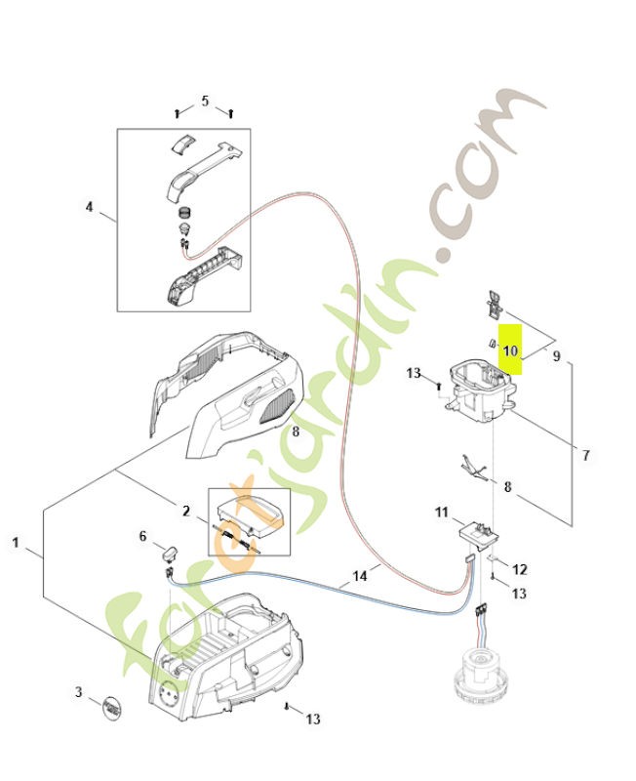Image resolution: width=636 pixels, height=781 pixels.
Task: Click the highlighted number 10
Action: pyautogui.click(x=511, y=349)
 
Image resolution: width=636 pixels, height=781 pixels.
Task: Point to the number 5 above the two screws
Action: pyautogui.click(x=205, y=101)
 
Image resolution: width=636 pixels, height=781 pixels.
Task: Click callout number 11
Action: pyautogui.click(x=441, y=511)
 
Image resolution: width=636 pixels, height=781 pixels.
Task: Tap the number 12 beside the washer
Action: pyautogui.click(x=520, y=569)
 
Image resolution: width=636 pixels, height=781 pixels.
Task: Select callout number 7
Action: pyautogui.click(x=585, y=455)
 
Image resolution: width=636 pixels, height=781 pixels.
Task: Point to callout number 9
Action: pyautogui.click(x=556, y=356)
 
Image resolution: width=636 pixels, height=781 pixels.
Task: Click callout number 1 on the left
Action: pyautogui.click(x=16, y=542)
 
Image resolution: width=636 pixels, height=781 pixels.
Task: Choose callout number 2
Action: pyautogui.click(x=185, y=511)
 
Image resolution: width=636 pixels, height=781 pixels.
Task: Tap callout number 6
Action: pyautogui.click(x=142, y=536)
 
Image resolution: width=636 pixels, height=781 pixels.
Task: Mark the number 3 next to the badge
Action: pyautogui.click(x=79, y=693)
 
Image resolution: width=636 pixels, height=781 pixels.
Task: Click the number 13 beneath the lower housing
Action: pyautogui.click(x=312, y=719)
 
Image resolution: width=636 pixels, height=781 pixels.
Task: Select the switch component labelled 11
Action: pyautogui.click(x=476, y=533)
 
